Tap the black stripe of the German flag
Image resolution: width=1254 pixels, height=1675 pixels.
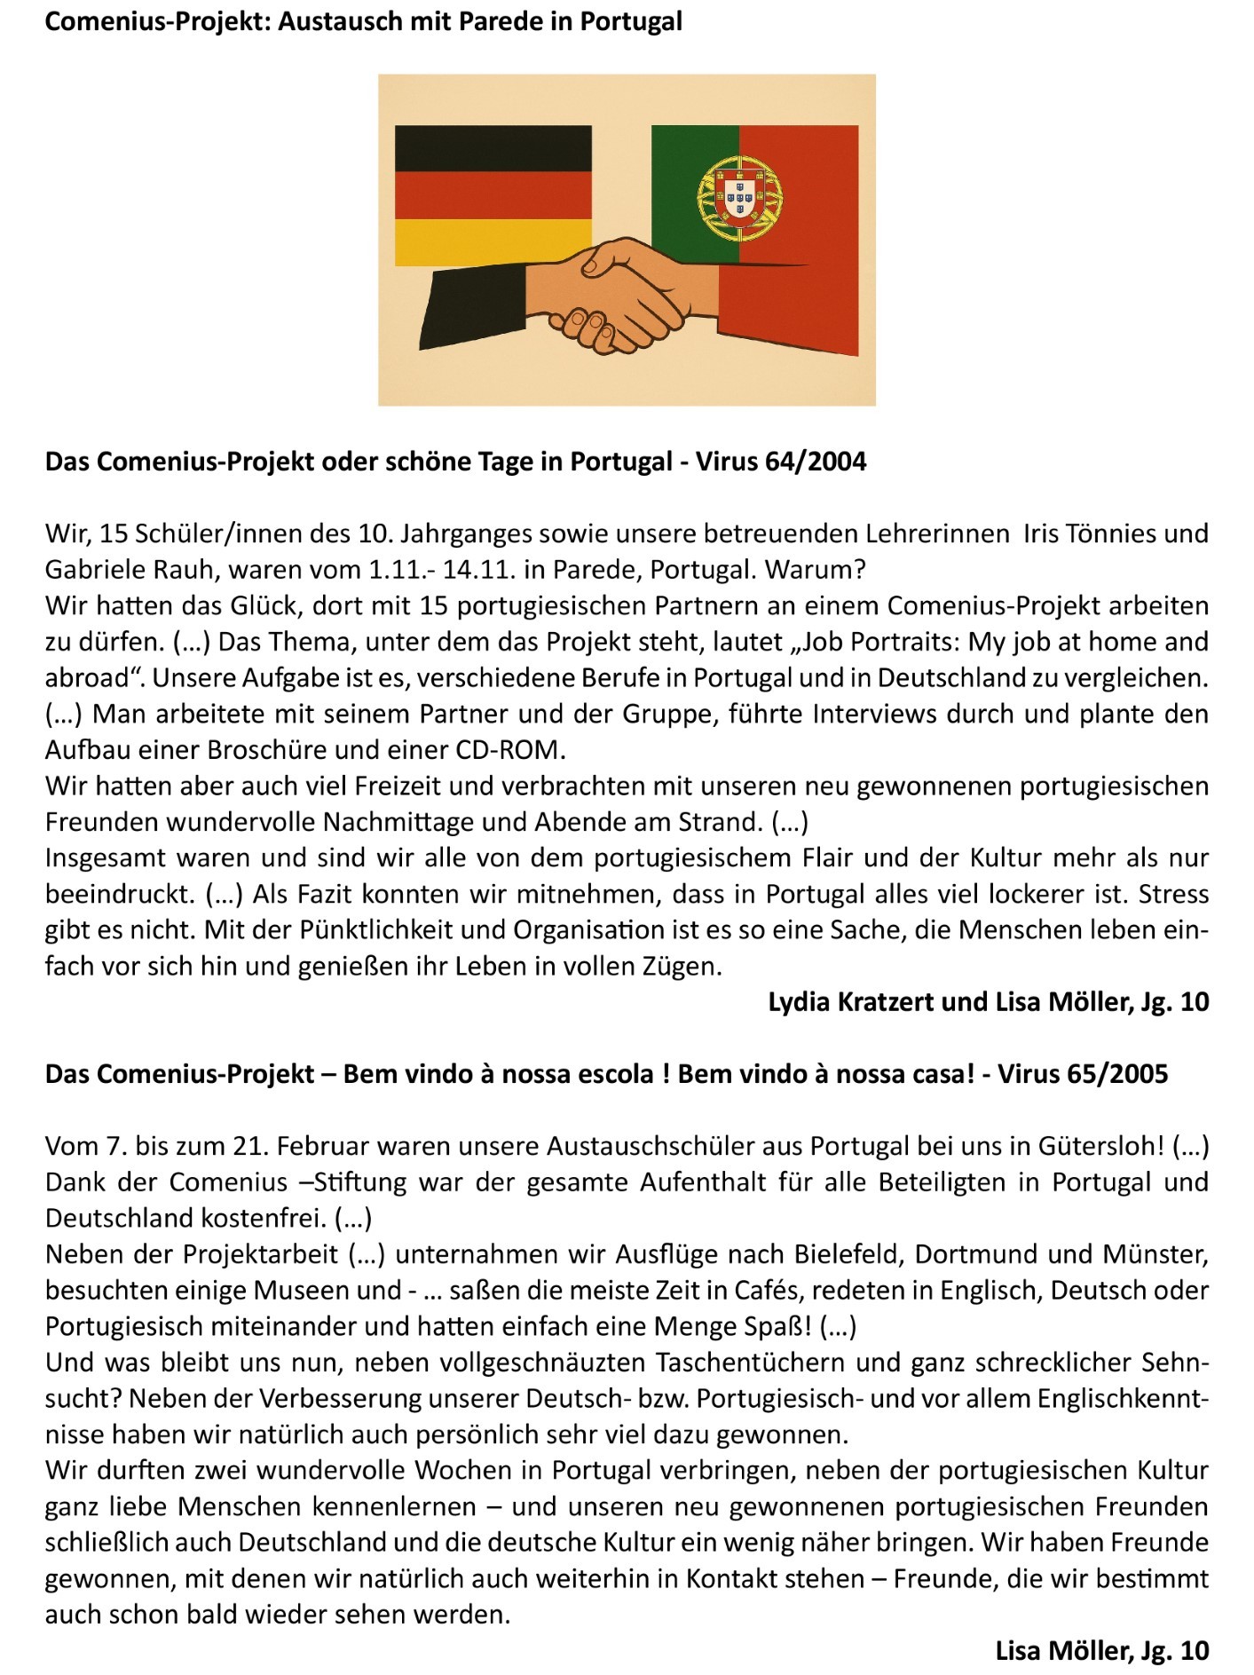[x=493, y=148]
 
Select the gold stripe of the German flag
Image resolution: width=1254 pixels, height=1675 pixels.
[x=493, y=242]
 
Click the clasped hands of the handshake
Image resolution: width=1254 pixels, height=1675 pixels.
[x=612, y=297]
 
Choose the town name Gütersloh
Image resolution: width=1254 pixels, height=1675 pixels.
[x=1099, y=1146]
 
